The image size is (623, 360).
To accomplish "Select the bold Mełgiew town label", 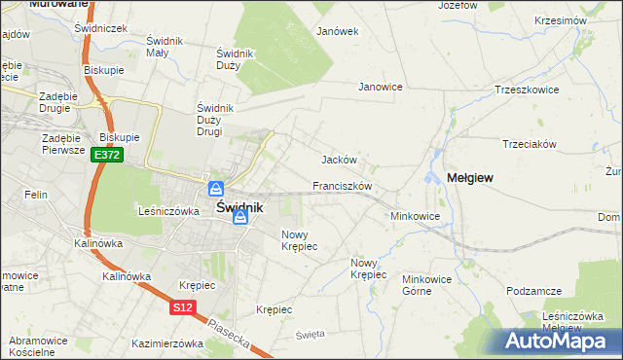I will coord(469,178).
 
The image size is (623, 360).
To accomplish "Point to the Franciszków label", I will coord(343,185).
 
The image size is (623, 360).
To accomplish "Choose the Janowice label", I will coord(381,87).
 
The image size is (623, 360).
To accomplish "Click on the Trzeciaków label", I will coord(529,144).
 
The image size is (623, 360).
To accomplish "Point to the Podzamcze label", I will coord(535,292).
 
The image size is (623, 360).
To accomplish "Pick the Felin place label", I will coord(37,196).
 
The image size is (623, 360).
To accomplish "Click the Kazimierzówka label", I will coord(166,343).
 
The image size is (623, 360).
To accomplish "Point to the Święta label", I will coord(310,335).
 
